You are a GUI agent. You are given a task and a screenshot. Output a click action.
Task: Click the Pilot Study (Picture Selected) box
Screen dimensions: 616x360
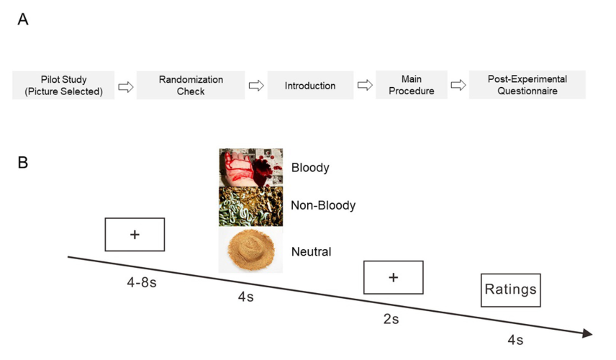click(x=63, y=85)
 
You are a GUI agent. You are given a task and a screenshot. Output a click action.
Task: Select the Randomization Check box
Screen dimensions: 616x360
click(x=191, y=85)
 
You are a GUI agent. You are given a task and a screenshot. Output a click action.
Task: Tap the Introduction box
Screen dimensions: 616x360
click(x=310, y=85)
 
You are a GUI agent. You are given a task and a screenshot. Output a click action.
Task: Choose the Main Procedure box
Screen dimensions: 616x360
click(x=412, y=85)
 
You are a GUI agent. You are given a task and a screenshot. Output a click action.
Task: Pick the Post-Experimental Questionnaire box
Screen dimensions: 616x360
click(x=527, y=85)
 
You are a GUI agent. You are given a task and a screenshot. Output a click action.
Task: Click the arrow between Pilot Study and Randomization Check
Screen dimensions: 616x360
click(x=126, y=86)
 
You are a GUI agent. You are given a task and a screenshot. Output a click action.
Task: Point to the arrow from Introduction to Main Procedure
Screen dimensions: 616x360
click(x=365, y=85)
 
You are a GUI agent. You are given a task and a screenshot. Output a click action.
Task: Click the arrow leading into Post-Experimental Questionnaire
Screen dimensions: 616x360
click(x=458, y=85)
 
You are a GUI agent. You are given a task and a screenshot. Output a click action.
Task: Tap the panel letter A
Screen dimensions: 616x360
click(x=23, y=19)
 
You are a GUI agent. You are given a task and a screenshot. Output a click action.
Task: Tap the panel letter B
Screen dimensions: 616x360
click(x=23, y=162)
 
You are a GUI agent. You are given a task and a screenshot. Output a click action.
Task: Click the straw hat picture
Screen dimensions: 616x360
click(x=250, y=250)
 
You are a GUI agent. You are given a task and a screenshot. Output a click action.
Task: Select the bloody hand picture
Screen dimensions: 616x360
click(x=250, y=168)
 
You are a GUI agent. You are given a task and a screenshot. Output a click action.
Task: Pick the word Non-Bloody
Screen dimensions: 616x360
click(x=323, y=205)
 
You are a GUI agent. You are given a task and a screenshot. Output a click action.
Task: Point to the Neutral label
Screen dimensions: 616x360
click(x=311, y=251)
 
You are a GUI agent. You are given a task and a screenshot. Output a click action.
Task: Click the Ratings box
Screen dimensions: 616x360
click(x=511, y=290)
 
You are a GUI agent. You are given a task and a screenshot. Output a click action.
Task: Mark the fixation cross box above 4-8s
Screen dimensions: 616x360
click(x=135, y=235)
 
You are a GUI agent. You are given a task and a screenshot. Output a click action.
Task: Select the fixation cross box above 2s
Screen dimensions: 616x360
click(x=393, y=277)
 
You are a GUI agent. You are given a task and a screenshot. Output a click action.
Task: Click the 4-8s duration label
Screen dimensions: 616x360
click(x=142, y=282)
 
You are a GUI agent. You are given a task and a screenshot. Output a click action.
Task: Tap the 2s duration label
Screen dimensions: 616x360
click(x=391, y=319)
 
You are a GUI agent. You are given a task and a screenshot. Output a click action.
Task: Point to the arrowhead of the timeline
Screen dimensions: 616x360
click(x=588, y=333)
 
